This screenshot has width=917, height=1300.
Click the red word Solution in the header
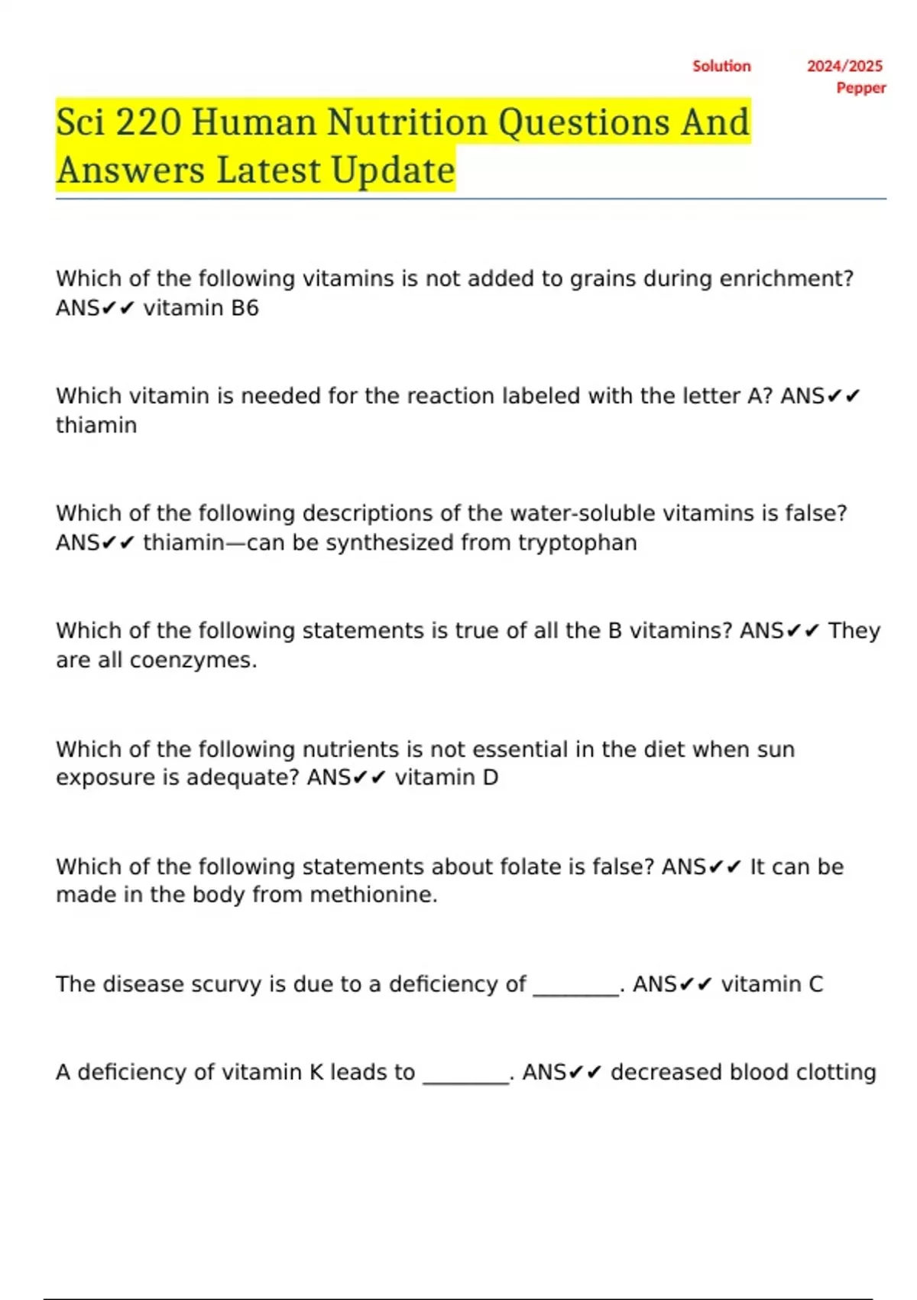[x=721, y=67]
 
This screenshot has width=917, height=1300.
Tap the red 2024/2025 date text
[x=844, y=67]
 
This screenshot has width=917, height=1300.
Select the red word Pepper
[x=861, y=88]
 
